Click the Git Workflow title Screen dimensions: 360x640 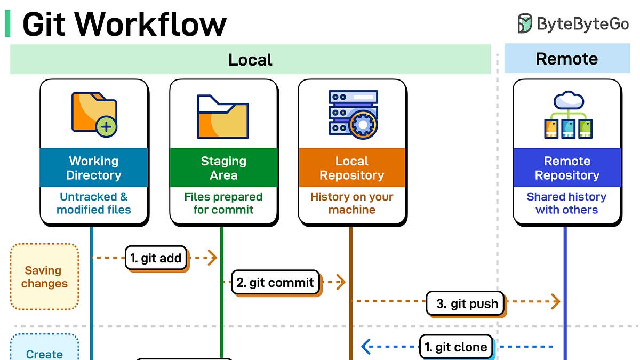(124, 24)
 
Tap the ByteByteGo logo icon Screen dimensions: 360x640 (525, 23)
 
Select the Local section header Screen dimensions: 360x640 (250, 59)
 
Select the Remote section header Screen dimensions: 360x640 (566, 59)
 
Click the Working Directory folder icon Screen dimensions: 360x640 (94, 114)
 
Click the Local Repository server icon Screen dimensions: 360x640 (353, 113)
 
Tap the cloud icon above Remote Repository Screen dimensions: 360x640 (569, 100)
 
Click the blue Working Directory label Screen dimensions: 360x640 (94, 168)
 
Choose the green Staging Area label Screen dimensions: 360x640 (223, 168)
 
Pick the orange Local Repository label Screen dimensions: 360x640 (351, 168)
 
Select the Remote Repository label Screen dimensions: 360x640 (567, 168)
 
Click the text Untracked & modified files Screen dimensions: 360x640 (94, 203)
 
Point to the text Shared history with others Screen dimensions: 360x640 (566, 203)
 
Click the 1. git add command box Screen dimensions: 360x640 (156, 259)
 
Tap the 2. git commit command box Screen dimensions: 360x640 (275, 283)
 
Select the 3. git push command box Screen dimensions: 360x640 (466, 304)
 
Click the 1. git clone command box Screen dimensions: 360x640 (456, 347)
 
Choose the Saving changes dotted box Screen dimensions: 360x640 (44, 277)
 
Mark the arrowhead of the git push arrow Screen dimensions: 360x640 (556, 301)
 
